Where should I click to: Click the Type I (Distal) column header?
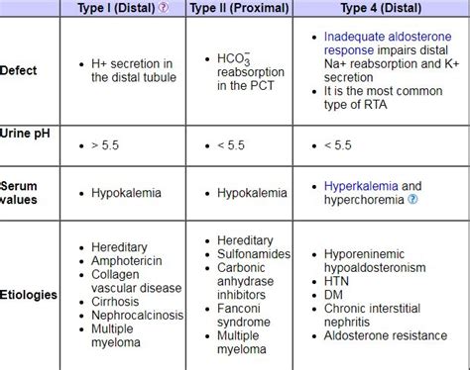point(116,8)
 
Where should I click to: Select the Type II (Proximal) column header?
point(239,8)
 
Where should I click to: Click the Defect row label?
point(19,70)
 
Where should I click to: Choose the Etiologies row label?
point(29,294)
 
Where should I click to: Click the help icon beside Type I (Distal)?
point(164,8)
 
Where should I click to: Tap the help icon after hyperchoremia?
point(412,200)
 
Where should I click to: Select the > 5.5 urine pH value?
point(102,145)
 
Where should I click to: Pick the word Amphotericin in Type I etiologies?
point(126,260)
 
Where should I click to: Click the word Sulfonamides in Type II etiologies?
point(253,254)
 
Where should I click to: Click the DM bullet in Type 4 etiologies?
point(334,295)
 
